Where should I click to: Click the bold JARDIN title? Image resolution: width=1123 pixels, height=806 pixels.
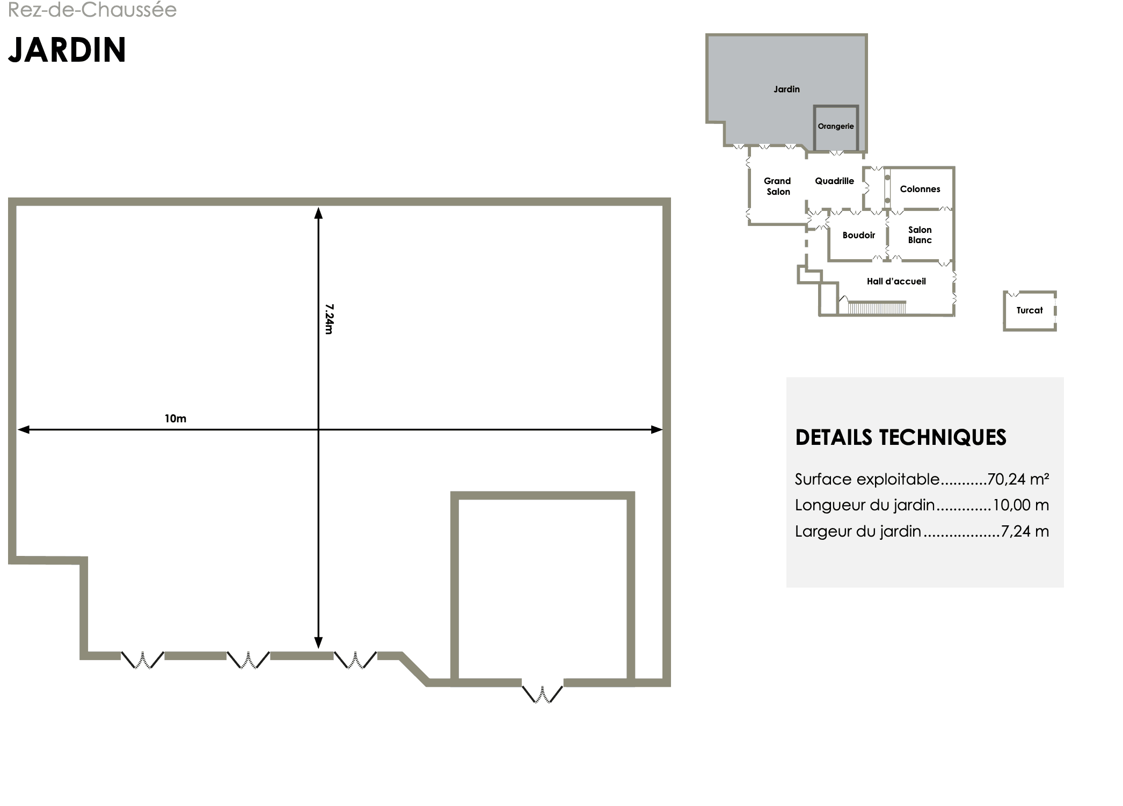pos(67,50)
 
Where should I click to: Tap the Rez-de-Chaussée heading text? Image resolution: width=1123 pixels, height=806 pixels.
pos(92,10)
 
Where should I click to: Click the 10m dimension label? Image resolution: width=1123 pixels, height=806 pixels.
pos(176,419)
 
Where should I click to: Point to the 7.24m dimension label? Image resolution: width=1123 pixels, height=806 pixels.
pos(329,319)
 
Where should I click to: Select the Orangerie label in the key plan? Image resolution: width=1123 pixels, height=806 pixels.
pos(836,127)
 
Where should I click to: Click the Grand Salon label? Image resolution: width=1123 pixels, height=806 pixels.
pos(778,186)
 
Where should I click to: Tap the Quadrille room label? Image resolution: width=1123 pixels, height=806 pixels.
pos(834,181)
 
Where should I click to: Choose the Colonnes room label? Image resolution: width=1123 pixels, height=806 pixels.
pos(920,189)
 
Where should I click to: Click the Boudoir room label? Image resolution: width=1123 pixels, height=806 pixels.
pos(859,235)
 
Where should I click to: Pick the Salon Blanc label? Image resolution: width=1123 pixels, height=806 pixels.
pos(920,235)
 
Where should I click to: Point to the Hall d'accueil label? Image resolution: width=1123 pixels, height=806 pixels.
pos(896,281)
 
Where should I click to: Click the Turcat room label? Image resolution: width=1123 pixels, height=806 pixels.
pos(1030,310)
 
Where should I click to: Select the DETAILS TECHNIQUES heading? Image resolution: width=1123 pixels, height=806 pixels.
pos(901,437)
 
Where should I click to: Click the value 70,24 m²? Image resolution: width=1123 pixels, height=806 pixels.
pos(1018,479)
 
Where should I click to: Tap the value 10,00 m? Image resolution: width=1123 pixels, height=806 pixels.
pos(1021,505)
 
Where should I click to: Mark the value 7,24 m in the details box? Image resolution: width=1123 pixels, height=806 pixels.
pos(1025,531)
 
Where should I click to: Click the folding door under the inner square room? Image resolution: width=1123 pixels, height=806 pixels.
pos(542,693)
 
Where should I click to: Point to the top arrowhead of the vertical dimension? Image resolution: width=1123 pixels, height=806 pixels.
pos(318,213)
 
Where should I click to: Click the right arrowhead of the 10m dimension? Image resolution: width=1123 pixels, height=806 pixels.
pos(657,429)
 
